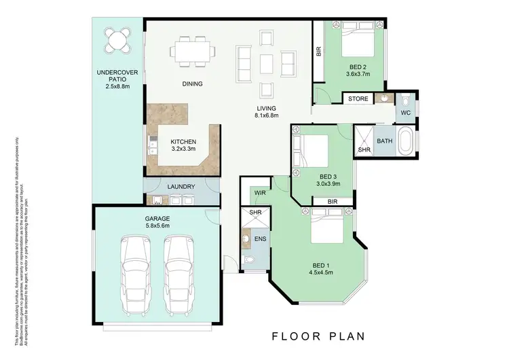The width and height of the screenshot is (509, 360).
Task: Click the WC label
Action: pos(406,112)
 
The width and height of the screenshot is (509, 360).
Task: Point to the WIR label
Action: pos(260,194)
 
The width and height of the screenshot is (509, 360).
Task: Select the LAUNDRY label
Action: pos(181,187)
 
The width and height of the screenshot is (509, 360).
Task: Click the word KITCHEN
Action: pos(164,142)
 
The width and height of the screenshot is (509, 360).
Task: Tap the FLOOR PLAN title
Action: pos(318,336)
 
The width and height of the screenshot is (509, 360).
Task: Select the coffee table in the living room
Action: pos(266,62)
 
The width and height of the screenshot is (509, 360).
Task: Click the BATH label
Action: pos(385,141)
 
